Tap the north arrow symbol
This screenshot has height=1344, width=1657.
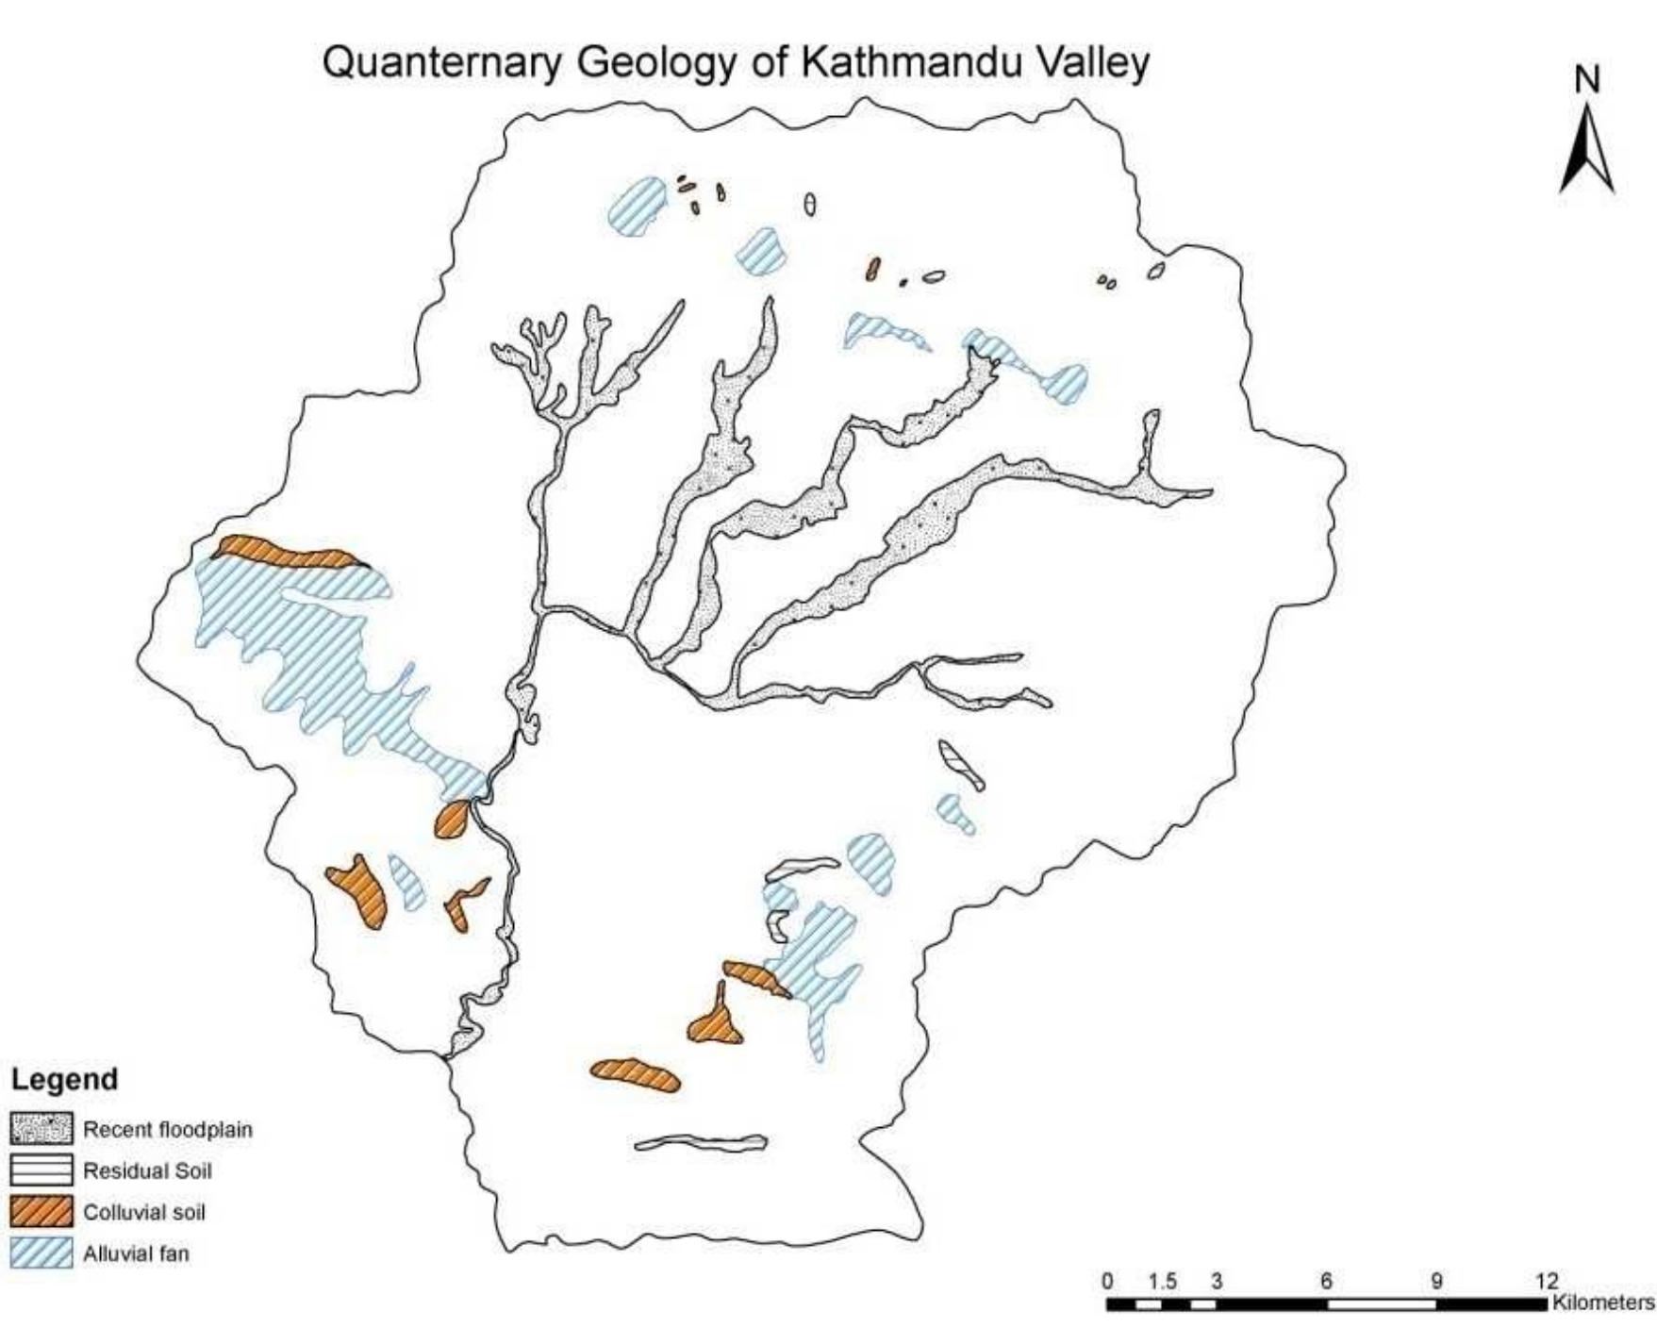click(1587, 151)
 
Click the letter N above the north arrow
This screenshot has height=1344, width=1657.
click(1588, 81)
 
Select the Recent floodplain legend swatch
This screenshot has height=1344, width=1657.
click(41, 1129)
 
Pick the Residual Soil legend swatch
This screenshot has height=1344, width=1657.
click(41, 1170)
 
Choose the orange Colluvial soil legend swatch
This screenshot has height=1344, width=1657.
click(41, 1212)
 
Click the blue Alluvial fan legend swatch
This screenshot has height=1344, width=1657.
click(41, 1253)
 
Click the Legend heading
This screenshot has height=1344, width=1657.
click(64, 1079)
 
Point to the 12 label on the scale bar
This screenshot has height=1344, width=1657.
click(1547, 1282)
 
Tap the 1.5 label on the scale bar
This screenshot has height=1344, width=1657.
click(1163, 1282)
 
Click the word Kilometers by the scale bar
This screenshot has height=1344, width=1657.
click(1602, 1303)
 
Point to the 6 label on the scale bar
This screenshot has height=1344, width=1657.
click(1326, 1282)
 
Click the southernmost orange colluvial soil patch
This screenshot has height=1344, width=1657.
click(636, 1074)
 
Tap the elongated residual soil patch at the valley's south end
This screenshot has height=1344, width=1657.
click(701, 1143)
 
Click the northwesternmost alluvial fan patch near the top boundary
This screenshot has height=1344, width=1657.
click(638, 205)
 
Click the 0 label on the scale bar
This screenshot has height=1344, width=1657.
click(1108, 1282)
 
